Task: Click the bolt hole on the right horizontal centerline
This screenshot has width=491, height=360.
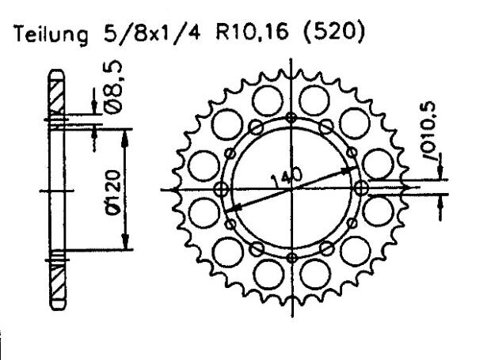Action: tap(362, 188)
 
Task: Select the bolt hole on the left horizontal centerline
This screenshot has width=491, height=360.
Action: tap(223, 189)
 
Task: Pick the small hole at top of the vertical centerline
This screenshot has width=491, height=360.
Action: tap(292, 118)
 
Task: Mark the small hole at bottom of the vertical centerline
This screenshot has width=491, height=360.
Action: tap(292, 257)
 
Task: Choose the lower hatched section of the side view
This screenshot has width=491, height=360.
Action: tap(57, 285)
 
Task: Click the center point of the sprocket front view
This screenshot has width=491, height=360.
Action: tap(292, 189)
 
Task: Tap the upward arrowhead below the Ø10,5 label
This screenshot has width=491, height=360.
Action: tap(441, 203)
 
